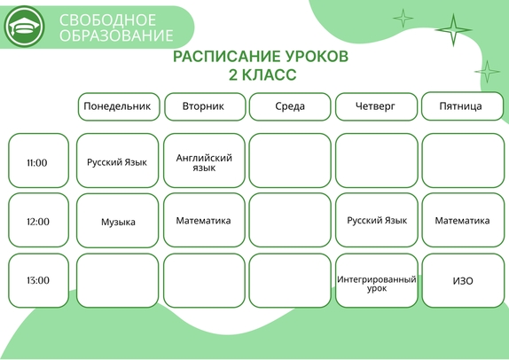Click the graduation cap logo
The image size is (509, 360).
(24, 27)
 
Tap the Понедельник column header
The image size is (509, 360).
(119, 106)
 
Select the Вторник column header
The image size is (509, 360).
(205, 106)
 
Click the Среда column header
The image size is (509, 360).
(290, 106)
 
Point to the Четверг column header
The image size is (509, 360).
(376, 106)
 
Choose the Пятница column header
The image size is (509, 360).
(462, 106)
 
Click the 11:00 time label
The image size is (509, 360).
(39, 160)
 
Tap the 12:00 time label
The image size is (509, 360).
(39, 220)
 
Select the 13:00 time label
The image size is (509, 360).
(39, 280)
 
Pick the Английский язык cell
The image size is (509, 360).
(204, 160)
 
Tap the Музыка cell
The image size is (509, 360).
(118, 221)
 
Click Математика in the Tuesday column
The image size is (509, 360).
(204, 220)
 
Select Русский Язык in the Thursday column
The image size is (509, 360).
(377, 220)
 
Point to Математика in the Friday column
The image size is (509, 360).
(463, 220)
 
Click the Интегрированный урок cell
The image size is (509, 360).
(377, 280)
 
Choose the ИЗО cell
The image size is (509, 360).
(463, 280)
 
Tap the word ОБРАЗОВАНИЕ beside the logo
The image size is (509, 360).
(116, 35)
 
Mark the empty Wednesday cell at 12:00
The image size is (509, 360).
(290, 220)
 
